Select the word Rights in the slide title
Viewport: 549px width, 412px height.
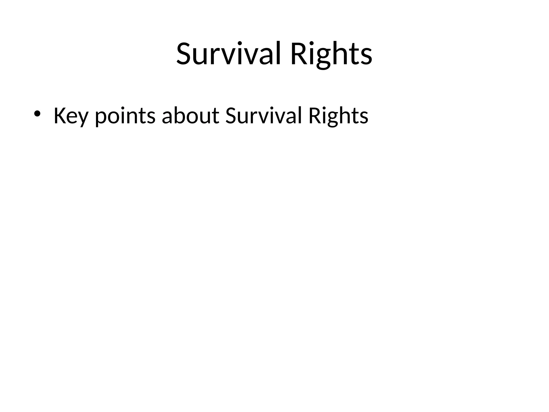(x=331, y=54)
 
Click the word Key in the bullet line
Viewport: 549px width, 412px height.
(x=71, y=116)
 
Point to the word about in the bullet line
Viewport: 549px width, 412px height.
(x=191, y=116)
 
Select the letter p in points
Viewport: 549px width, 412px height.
(x=101, y=118)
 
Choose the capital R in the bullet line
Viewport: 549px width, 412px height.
(x=314, y=116)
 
